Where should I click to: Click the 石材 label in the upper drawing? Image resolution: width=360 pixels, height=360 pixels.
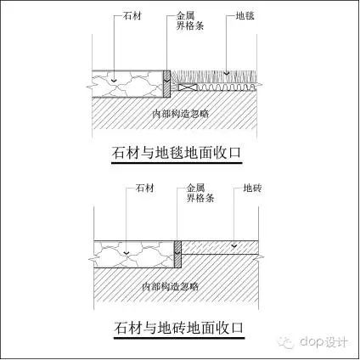tap(132, 16)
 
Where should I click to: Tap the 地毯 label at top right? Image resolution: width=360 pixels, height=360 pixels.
tap(245, 16)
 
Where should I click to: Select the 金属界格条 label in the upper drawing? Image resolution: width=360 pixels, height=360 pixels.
tap(190, 20)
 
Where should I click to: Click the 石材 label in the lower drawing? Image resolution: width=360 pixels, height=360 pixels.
tap(145, 188)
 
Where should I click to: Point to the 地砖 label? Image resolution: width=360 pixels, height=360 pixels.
tap(252, 188)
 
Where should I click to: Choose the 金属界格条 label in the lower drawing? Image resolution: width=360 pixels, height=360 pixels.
tap(200, 193)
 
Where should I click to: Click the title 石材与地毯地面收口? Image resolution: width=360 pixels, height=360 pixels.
tap(177, 153)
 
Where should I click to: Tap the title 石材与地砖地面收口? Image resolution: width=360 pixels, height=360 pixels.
tap(179, 328)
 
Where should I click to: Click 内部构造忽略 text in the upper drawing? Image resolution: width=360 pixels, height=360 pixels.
tap(181, 114)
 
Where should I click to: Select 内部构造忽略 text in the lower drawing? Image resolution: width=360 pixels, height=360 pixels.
tap(170, 287)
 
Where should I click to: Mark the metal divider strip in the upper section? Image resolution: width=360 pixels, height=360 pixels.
tap(166, 83)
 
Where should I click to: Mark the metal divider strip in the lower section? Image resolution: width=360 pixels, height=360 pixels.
tap(177, 254)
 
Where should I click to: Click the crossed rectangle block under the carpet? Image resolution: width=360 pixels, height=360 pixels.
tap(188, 87)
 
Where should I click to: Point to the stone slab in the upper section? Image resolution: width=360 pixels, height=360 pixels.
tap(127, 84)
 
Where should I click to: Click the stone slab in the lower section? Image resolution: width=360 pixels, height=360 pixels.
tap(133, 254)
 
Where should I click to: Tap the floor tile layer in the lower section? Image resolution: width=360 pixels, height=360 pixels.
tap(220, 248)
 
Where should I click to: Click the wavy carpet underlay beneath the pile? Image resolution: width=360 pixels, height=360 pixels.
tap(227, 87)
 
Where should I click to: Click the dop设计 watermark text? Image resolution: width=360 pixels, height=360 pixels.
tap(323, 341)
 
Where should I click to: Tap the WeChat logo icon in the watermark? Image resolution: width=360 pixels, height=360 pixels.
tap(286, 342)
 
